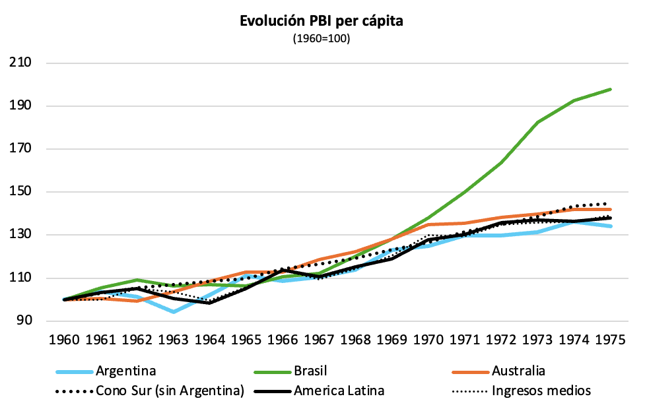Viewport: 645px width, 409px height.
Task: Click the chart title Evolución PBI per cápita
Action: click(322, 21)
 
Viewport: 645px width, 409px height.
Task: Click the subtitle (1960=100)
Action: click(322, 39)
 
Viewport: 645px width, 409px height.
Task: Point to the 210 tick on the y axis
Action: click(21, 63)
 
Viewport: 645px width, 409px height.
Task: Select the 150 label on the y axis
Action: click(21, 192)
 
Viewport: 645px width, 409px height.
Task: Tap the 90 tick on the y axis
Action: click(26, 321)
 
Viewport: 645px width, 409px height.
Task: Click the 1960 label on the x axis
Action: click(65, 340)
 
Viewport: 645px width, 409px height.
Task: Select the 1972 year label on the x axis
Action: click(501, 340)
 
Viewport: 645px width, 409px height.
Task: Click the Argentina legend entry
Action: click(125, 370)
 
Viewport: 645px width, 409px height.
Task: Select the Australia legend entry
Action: click(518, 370)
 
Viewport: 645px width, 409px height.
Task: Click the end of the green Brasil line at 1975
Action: click(610, 89)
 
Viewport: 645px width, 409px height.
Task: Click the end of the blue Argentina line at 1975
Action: click(610, 226)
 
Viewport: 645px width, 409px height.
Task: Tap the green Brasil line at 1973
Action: click(537, 122)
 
